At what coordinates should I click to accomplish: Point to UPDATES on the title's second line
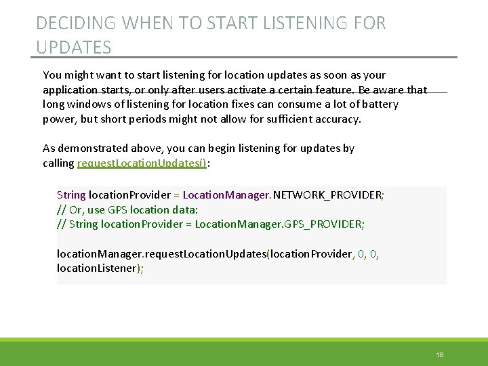tap(73, 47)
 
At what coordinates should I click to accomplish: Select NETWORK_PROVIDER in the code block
tap(327, 195)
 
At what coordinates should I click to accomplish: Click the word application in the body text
tap(70, 89)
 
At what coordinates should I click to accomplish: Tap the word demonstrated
tap(93, 148)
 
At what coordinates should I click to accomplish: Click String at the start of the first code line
tap(71, 195)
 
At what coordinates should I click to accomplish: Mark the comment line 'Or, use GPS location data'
tap(127, 209)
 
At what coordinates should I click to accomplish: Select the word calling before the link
tap(58, 163)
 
